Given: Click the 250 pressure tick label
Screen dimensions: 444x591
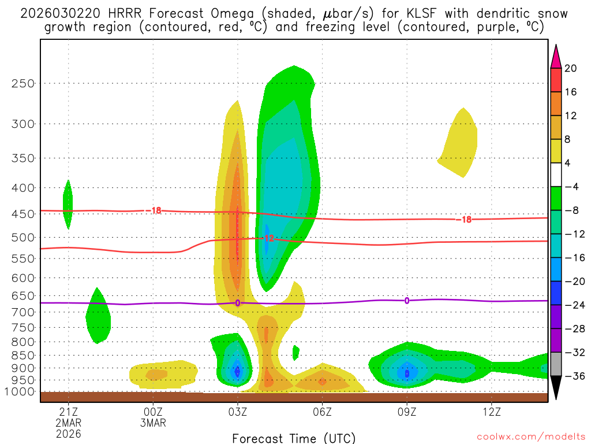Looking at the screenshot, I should point(23,83).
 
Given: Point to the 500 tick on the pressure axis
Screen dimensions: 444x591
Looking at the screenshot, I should point(23,238).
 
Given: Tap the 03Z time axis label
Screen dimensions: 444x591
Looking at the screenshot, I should point(238,412).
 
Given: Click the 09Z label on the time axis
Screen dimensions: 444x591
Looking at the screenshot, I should point(407,412).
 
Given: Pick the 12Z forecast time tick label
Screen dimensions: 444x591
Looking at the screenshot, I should point(491,412).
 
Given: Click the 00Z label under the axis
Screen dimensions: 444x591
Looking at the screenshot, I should point(153,412).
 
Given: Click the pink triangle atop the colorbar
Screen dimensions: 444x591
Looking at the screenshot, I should point(556,56).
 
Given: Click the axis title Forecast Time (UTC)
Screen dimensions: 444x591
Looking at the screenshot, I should point(294,438).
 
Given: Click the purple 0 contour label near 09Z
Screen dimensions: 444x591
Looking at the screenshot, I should point(407,301).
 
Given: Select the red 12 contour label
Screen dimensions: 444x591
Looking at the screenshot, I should point(268,238).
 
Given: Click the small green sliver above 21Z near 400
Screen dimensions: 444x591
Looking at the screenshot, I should point(68,204).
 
